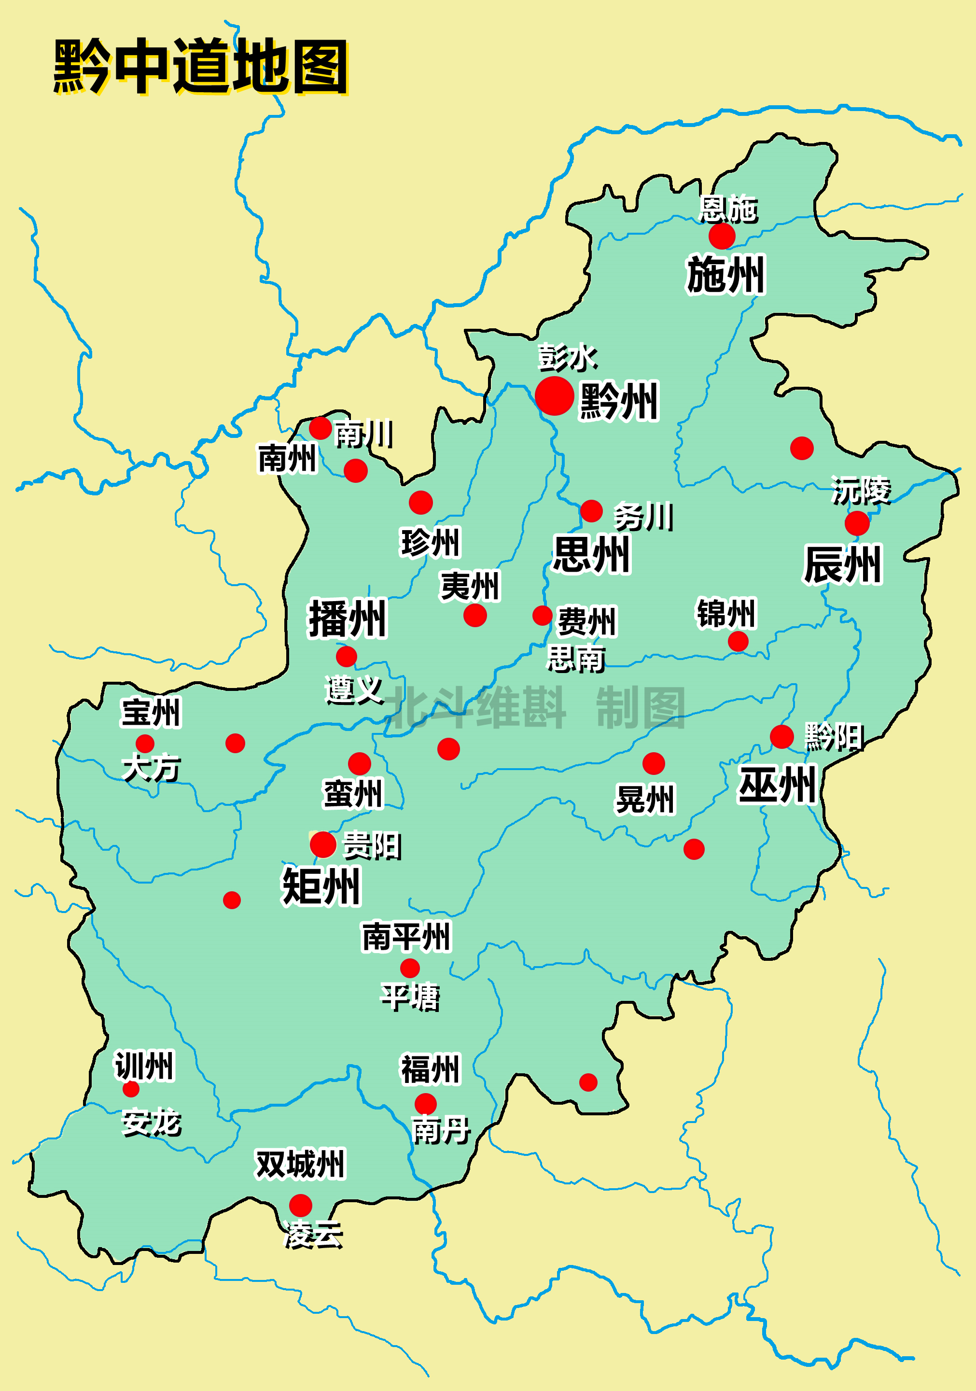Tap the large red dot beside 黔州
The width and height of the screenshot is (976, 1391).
click(554, 395)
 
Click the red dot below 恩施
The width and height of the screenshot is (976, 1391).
click(722, 236)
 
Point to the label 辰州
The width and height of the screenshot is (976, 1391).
click(842, 564)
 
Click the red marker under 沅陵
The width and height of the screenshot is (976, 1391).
click(857, 523)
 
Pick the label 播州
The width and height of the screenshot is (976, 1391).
click(347, 618)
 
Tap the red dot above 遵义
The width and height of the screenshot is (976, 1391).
click(347, 656)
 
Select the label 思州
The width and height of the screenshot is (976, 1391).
click(591, 554)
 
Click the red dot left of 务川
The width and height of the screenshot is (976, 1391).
click(591, 511)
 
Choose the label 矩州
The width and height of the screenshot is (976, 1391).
click(321, 886)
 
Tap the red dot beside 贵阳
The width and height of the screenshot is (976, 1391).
click(323, 844)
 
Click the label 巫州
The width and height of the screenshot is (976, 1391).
click(777, 785)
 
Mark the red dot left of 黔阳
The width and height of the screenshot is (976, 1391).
click(781, 737)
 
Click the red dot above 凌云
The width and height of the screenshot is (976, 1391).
click(301, 1206)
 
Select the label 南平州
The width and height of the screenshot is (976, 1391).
click(406, 937)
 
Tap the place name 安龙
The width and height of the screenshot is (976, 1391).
click(152, 1123)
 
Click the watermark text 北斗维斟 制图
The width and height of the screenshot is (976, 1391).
click(536, 708)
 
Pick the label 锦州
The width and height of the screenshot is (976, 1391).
click(726, 613)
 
